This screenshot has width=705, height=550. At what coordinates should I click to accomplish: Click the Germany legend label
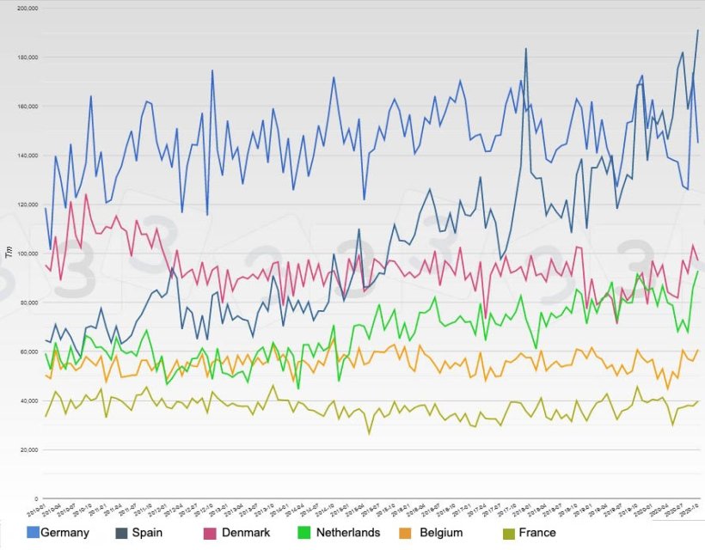click(x=64, y=533)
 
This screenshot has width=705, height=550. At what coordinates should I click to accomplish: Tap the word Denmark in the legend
click(x=245, y=533)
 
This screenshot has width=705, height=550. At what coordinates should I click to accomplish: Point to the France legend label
click(x=537, y=533)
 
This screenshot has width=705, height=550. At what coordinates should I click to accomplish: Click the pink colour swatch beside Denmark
click(x=209, y=533)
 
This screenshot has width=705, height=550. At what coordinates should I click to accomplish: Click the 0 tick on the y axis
click(x=35, y=498)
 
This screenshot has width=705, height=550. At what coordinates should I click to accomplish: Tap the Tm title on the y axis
click(x=9, y=252)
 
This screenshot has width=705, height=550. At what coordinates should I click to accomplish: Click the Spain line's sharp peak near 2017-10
click(x=525, y=49)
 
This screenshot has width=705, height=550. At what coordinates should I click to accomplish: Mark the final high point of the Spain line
click(x=697, y=30)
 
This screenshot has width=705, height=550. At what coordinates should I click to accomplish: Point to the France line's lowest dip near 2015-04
click(x=369, y=433)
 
